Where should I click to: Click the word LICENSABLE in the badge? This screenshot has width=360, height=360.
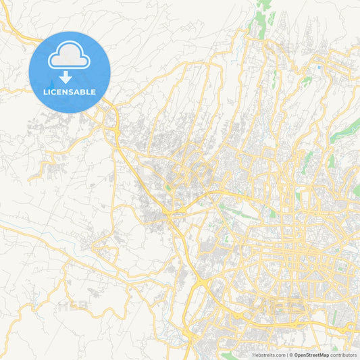click(70, 92)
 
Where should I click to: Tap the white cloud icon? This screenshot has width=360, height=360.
click(70, 55)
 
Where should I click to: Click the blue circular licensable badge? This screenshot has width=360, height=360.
click(70, 72)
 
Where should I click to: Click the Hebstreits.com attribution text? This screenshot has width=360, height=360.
click(268, 355)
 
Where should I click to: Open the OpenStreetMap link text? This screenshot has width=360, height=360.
click(311, 355)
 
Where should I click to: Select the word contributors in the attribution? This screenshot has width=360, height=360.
click(344, 355)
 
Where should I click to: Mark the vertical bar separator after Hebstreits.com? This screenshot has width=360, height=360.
click(288, 355)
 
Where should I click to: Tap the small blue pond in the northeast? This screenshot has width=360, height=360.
click(317, 67)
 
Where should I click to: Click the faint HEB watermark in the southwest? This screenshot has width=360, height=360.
click(73, 306)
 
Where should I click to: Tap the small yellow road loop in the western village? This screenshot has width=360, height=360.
click(49, 163)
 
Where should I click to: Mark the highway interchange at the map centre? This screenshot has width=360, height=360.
click(177, 215)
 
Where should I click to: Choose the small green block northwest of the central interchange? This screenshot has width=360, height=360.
click(166, 188)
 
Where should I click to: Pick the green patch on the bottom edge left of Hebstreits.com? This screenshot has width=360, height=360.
click(230, 353)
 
